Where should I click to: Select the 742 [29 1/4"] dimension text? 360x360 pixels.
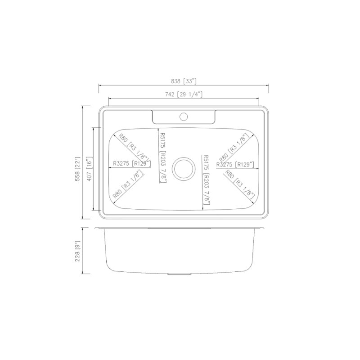coord(184,94)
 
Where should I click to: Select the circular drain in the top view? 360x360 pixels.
coord(184,167)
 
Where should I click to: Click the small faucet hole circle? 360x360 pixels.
coord(183,117)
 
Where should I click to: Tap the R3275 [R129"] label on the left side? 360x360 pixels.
coord(132,164)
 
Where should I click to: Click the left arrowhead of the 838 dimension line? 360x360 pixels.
coord(100,85)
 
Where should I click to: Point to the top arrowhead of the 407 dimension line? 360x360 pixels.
coord(94,128)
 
